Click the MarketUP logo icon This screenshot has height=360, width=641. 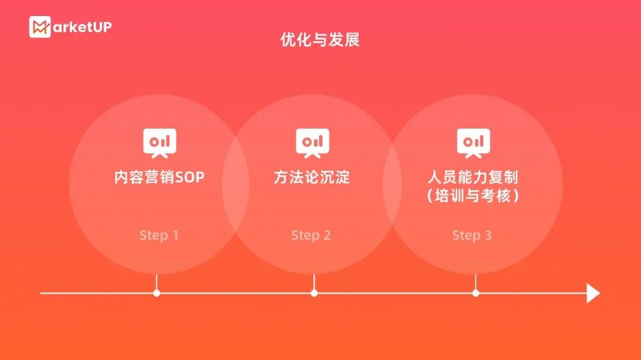(40, 27)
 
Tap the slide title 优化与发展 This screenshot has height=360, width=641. (320, 40)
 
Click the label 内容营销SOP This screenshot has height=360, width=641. (159, 177)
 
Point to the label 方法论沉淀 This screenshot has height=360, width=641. (312, 177)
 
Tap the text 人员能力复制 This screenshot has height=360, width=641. (472, 177)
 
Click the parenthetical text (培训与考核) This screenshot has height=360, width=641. (472, 196)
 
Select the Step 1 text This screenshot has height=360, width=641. (158, 235)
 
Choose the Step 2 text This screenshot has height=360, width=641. (311, 235)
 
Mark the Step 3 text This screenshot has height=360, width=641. (472, 235)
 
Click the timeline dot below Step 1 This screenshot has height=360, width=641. (157, 293)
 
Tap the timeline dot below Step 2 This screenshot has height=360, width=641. (314, 293)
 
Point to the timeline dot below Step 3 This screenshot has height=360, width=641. (475, 293)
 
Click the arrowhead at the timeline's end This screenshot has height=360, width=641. (593, 293)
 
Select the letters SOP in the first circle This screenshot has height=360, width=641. (190, 177)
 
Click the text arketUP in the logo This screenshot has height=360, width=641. (82, 27)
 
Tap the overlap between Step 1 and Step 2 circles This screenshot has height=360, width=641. (236, 184)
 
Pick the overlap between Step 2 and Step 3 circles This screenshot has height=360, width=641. (392, 184)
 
